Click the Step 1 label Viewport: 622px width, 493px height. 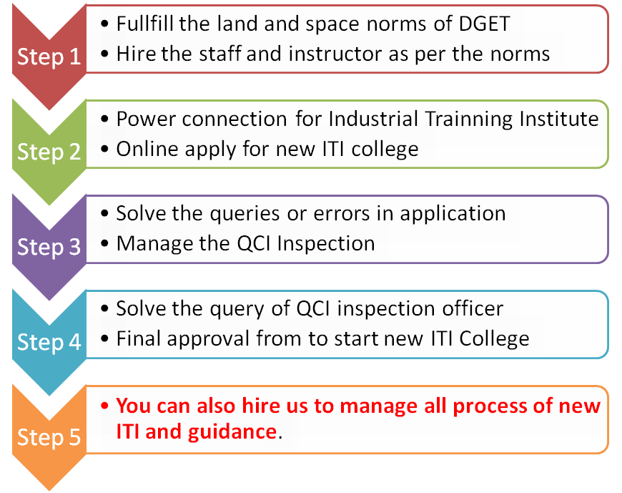coord(49,57)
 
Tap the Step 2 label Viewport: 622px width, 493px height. coord(49,152)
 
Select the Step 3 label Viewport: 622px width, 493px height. coord(49,247)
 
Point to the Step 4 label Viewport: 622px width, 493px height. coord(49,342)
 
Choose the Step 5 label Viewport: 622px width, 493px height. coord(49,437)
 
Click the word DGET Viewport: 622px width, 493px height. coord(484,24)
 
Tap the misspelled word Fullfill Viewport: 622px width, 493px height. coord(144,24)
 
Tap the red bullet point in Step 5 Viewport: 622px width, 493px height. coord(104,406)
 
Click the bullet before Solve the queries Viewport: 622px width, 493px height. coord(104,214)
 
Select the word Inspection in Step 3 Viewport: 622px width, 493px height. coord(326,245)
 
